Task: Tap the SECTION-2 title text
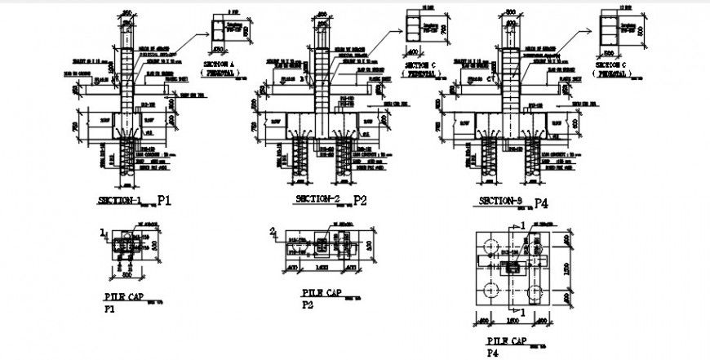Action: [317, 199]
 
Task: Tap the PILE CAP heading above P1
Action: [124, 296]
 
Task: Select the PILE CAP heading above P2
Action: [320, 291]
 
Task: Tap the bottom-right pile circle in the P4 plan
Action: [535, 289]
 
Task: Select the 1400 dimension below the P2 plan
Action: [326, 268]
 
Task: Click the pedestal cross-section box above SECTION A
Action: [221, 29]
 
